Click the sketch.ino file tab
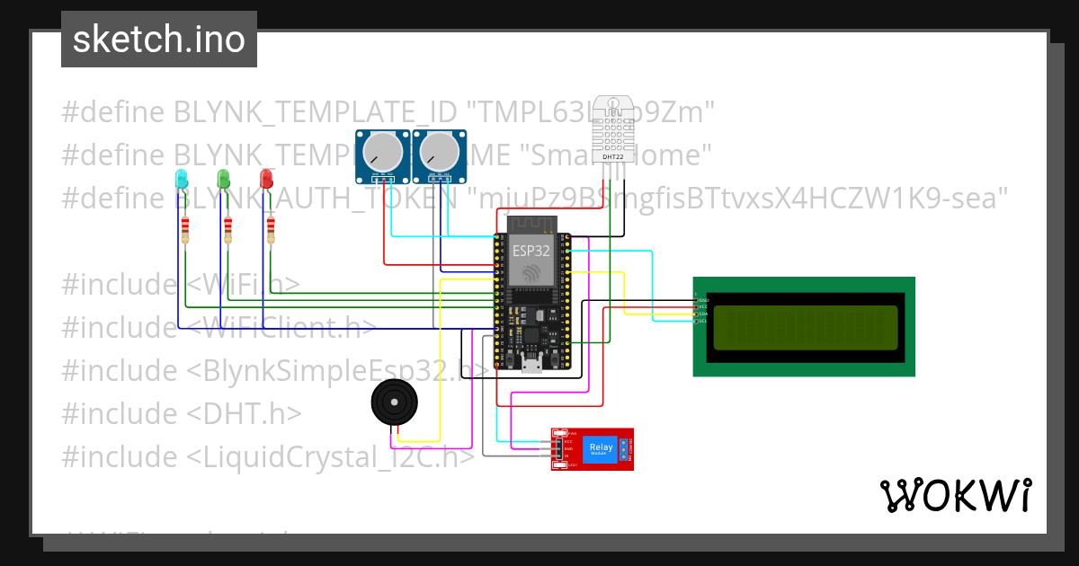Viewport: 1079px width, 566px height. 158,40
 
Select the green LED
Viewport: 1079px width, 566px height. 224,179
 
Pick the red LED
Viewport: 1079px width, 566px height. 266,179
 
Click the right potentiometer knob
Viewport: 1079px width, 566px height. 438,151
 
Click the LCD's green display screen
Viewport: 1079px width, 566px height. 805,327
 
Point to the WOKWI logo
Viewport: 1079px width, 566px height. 955,495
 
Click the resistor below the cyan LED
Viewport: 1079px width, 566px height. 185,230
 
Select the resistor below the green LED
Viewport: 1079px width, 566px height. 227,230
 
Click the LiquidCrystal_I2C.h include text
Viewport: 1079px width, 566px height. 331,456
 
